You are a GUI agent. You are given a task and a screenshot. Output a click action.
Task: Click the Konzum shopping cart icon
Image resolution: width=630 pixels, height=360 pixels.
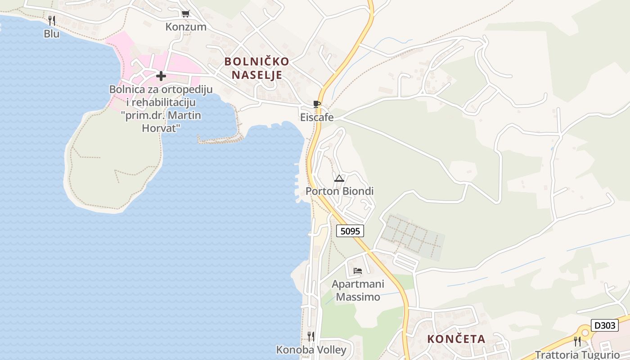[185, 14]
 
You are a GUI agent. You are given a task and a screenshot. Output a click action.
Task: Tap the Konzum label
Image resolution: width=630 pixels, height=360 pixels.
[186, 27]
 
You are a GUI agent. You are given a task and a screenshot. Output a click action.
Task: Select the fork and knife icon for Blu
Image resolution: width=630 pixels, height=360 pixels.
[52, 20]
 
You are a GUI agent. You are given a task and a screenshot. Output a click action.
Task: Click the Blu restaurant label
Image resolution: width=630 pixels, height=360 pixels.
[52, 34]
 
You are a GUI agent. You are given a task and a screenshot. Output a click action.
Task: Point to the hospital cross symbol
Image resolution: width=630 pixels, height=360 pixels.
[161, 76]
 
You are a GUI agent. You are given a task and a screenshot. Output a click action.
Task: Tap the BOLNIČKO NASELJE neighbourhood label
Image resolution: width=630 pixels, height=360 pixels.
[257, 68]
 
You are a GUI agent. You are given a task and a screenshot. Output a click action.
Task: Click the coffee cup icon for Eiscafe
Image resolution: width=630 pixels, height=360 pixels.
[317, 104]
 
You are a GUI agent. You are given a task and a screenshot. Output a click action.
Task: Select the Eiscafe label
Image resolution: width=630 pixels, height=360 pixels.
[317, 117]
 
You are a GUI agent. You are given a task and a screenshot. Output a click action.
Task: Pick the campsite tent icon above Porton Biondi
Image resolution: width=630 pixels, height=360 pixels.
[339, 178]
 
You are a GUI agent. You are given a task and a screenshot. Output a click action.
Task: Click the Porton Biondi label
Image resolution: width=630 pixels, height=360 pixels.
[340, 191]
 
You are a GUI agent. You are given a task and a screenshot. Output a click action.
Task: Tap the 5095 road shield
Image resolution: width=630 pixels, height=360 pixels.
[350, 231]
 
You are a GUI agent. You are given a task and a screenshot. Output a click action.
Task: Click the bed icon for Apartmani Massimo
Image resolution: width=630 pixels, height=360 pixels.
[358, 271]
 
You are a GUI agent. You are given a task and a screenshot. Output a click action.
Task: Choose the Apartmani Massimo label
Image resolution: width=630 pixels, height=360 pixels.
[358, 290]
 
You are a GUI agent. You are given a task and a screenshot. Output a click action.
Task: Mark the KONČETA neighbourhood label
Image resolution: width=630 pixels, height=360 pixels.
[456, 339]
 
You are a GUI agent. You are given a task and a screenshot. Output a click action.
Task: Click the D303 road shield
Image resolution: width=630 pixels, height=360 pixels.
[604, 325]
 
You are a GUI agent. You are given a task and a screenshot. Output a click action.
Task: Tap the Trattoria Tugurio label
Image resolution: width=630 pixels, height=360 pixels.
[577, 354]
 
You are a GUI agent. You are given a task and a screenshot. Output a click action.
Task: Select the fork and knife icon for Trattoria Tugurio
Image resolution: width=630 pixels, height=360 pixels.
[577, 341]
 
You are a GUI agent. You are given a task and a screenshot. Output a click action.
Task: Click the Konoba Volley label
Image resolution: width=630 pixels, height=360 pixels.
[311, 350]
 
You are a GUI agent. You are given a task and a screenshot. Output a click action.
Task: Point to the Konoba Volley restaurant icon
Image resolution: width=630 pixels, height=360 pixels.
[311, 336]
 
